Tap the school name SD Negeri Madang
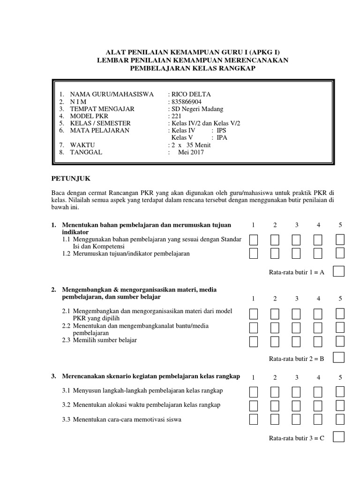(197, 109)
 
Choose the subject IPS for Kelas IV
(222, 130)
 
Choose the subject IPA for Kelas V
(222, 137)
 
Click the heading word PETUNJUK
(70, 179)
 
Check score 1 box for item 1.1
(253, 240)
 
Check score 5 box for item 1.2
(340, 254)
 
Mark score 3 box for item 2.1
(297, 314)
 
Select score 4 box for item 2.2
(318, 327)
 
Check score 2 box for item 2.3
(275, 341)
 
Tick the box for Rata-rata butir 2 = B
(338, 358)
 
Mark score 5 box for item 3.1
(340, 391)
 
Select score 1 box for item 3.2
(253, 405)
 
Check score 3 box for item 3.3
(297, 419)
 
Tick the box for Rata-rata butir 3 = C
(338, 437)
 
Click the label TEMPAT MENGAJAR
(102, 109)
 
